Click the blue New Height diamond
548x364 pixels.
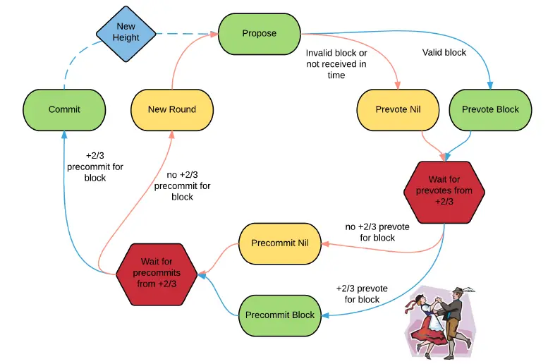126,34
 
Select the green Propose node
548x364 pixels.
260,34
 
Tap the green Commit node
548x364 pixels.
64,110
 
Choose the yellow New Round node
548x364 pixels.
172,110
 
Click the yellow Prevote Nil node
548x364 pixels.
398,110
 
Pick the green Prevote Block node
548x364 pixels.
490,110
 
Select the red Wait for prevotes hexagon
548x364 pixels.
444,192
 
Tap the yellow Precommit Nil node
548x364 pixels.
280,243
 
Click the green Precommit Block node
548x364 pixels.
280,315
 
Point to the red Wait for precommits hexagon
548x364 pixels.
157,274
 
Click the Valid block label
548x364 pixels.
444,52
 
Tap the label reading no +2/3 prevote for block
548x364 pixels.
377,232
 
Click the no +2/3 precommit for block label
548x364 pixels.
182,186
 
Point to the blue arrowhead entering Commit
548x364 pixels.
64,135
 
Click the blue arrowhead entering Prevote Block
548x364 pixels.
490,85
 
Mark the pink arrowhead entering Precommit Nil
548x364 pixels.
325,243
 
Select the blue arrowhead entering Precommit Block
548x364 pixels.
325,315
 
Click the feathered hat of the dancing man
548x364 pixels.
461,290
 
